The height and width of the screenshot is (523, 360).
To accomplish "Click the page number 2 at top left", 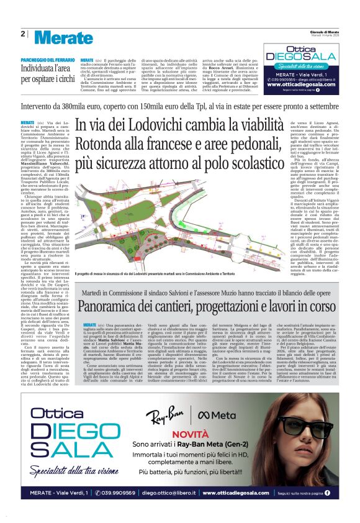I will pyautogui.click(x=22, y=34).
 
